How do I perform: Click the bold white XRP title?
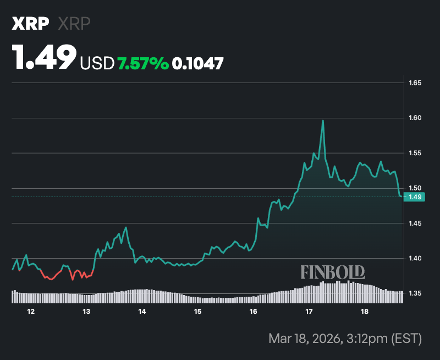[31, 24]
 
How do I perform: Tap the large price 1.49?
[45, 58]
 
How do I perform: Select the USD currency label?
[97, 64]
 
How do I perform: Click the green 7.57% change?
[143, 64]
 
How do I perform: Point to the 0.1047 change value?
[198, 64]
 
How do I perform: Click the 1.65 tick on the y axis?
[414, 83]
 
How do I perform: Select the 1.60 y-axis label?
[414, 118]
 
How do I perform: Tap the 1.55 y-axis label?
[414, 153]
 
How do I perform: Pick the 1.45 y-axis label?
[414, 223]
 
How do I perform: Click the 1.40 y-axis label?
[414, 258]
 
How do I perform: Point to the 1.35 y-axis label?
[414, 293]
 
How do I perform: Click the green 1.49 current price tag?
[414, 197]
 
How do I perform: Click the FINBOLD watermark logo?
[332, 272]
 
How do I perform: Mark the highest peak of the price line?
[323, 121]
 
